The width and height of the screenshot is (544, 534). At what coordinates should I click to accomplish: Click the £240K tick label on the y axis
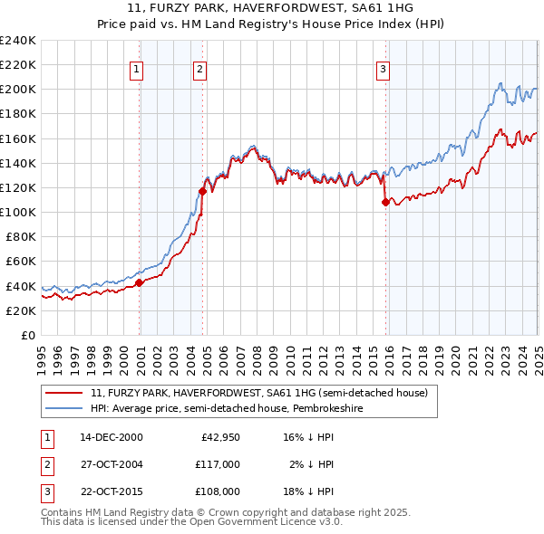(x=18, y=41)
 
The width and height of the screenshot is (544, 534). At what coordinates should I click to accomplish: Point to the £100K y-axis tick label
(x=18, y=212)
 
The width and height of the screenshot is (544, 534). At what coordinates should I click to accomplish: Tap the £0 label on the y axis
(x=27, y=335)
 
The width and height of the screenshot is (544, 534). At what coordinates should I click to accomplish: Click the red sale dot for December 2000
(x=140, y=282)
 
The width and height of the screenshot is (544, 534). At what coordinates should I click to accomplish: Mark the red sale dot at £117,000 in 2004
(x=203, y=191)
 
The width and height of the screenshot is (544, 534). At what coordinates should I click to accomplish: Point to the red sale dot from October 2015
(x=385, y=202)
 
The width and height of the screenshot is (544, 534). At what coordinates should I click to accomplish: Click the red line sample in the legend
(x=65, y=393)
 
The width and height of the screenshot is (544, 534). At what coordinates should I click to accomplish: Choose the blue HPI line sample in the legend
(x=65, y=408)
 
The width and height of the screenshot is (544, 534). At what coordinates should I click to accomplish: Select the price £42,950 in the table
(x=218, y=437)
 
